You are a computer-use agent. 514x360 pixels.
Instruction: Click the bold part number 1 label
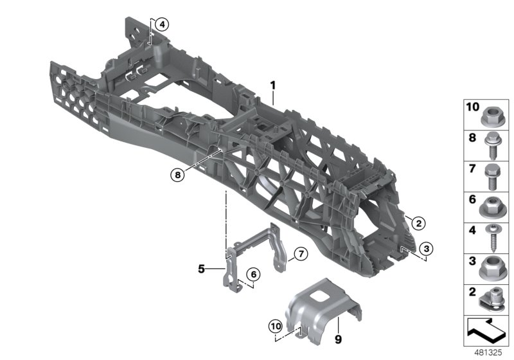click(272, 85)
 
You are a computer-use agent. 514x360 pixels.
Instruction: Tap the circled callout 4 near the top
click(161, 25)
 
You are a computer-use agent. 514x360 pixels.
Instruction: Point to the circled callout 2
click(418, 224)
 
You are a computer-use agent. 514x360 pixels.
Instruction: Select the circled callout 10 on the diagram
click(276, 326)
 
